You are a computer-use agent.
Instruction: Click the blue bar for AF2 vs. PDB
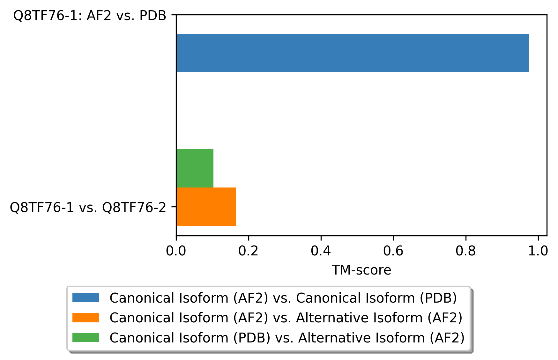pos(352,53)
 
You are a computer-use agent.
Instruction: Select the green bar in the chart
pos(195,168)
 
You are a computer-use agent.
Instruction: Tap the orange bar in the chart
pos(206,207)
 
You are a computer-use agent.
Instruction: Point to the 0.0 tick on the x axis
pos(176,251)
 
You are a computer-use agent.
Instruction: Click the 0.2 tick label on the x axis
pos(248,251)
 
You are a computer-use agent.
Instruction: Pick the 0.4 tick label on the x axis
pos(321,251)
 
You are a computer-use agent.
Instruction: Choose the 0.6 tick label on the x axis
pos(393,251)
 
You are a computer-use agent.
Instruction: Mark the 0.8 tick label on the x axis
pos(465,251)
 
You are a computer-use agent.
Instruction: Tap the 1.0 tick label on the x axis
pos(538,251)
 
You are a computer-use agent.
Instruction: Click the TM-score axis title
pos(361,270)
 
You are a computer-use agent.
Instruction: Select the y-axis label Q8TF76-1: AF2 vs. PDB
pos(90,16)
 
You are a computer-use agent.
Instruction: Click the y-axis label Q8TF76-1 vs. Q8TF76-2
pos(88,208)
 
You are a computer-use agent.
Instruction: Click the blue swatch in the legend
pos(86,298)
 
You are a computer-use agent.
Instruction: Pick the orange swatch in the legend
pos(86,318)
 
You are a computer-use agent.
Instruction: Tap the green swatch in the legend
pos(86,337)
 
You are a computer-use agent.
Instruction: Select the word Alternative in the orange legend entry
pos(326,318)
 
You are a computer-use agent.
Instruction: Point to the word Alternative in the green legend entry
pos(328,338)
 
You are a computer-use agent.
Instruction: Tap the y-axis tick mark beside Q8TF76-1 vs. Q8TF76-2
pos(174,207)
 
